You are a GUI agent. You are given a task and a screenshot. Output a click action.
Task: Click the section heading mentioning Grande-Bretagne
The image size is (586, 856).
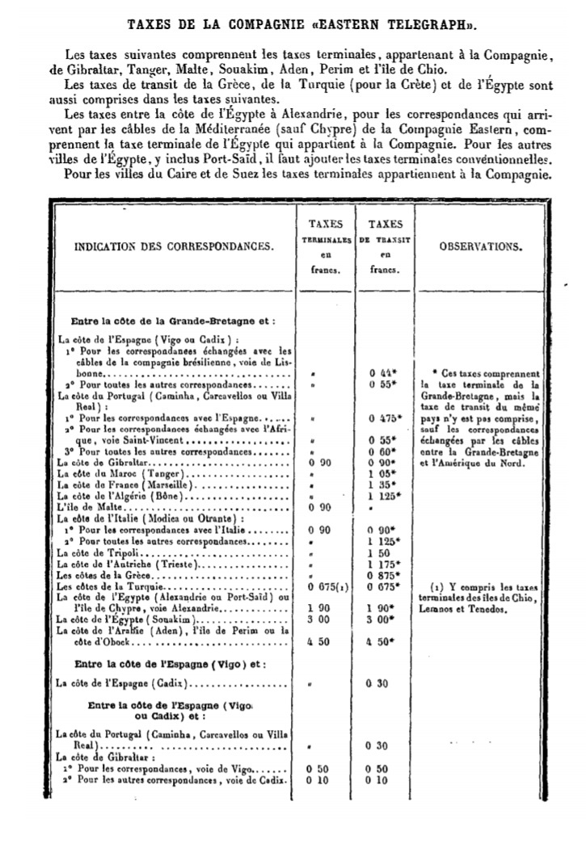(x=174, y=321)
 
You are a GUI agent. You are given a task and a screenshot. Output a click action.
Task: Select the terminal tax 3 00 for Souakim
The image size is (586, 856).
(x=321, y=618)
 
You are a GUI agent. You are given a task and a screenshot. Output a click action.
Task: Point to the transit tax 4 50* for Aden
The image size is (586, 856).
(x=381, y=640)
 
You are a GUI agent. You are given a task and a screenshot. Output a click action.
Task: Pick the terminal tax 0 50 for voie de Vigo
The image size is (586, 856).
(x=321, y=770)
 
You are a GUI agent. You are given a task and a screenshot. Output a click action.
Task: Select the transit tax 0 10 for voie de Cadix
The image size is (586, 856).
(x=377, y=780)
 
